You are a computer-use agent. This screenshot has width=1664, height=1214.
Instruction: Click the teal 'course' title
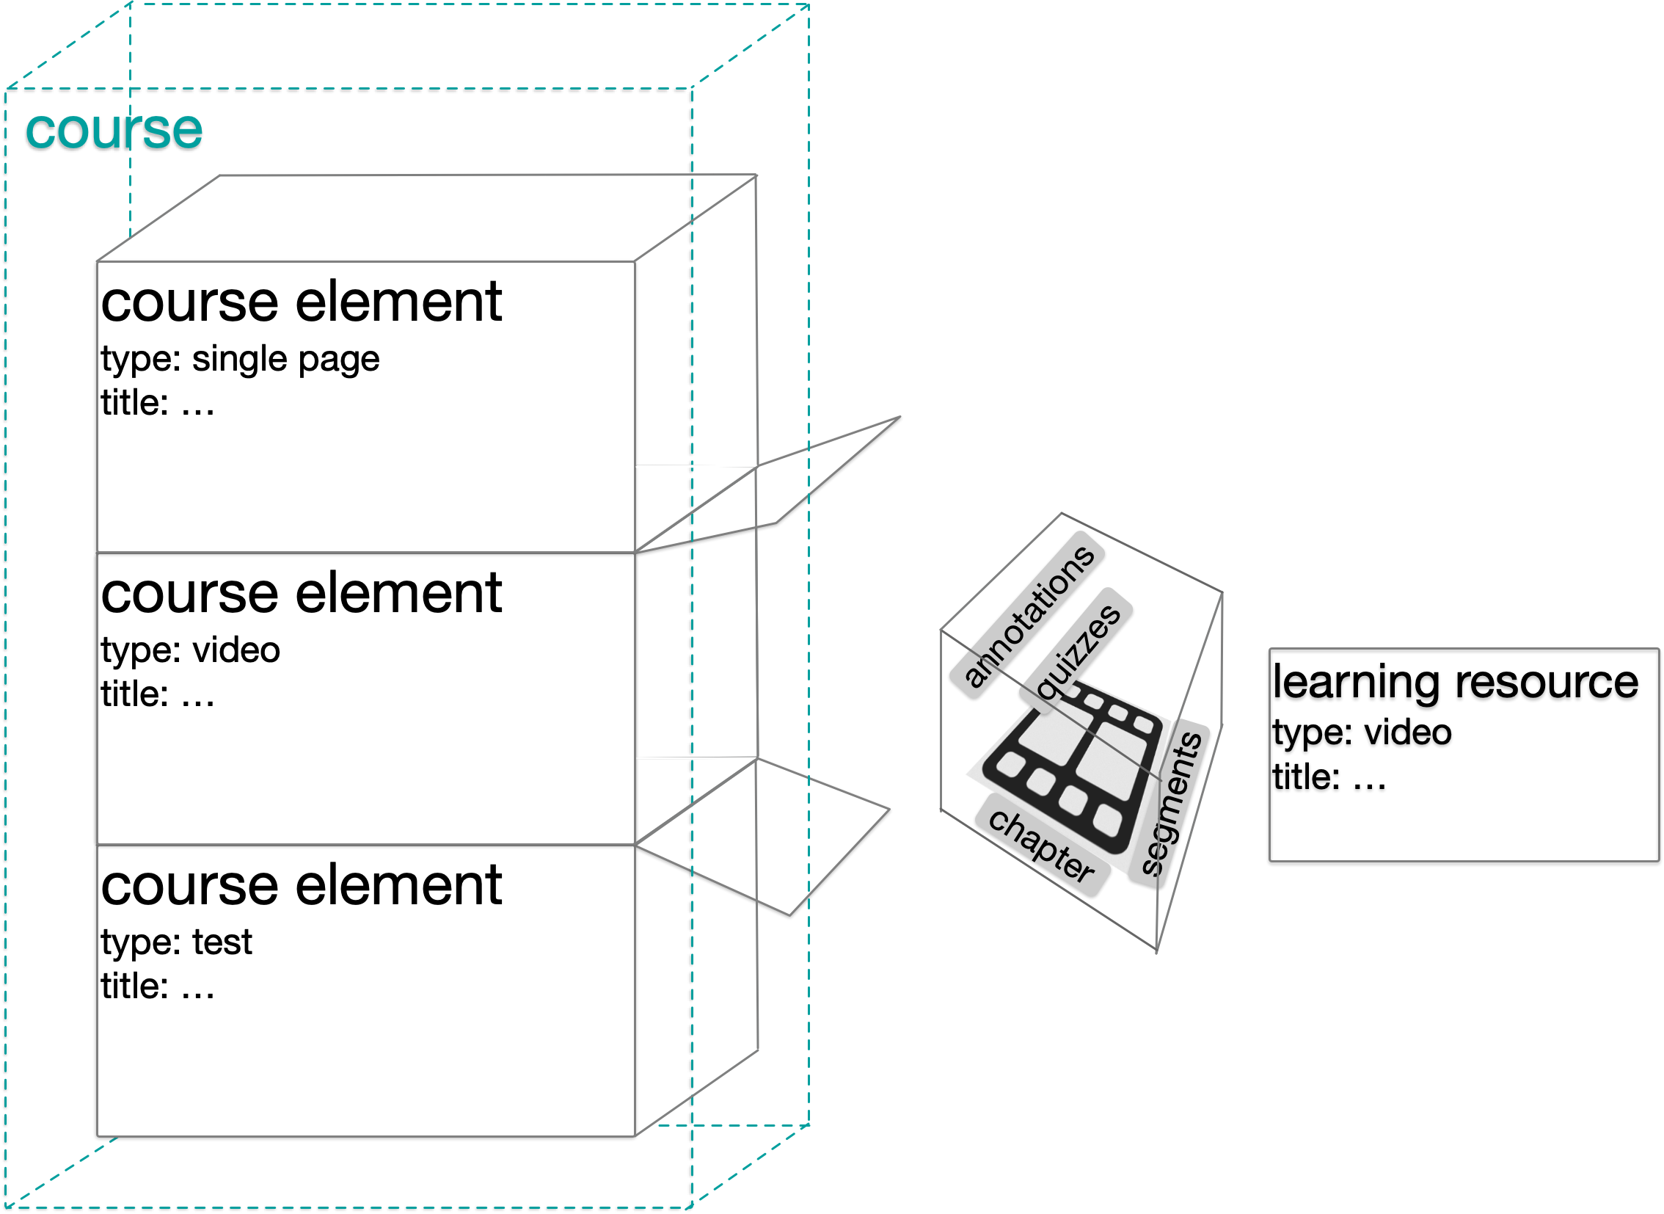coord(114,130)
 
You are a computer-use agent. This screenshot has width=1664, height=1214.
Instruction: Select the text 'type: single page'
coord(240,360)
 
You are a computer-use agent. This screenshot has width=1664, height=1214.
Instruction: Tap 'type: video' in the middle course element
coord(190,651)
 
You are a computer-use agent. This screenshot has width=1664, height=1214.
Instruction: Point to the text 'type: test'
coord(176,943)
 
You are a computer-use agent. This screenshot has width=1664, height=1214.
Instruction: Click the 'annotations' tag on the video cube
coord(1029,617)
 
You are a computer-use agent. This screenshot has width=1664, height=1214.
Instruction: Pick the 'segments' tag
coord(1170,804)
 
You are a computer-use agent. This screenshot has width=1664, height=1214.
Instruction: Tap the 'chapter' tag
coord(1041,846)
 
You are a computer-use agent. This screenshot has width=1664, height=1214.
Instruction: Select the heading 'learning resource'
coord(1456,682)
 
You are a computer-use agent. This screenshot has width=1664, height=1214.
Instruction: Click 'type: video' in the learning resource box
coord(1362,733)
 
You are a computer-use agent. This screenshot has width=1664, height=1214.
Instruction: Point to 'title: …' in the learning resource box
coord(1329,777)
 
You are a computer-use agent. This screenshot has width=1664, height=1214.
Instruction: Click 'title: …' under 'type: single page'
coord(158,404)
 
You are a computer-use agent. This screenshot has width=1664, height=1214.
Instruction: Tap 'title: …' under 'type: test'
coord(158,986)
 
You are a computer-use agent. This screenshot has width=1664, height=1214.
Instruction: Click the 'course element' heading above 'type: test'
coord(302,885)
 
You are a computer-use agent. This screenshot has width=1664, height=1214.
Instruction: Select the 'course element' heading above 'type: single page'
coord(302,302)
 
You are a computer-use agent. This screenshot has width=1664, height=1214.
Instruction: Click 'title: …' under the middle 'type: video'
coord(158,694)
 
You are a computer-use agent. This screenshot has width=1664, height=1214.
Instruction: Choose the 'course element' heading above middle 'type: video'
coord(302,594)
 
